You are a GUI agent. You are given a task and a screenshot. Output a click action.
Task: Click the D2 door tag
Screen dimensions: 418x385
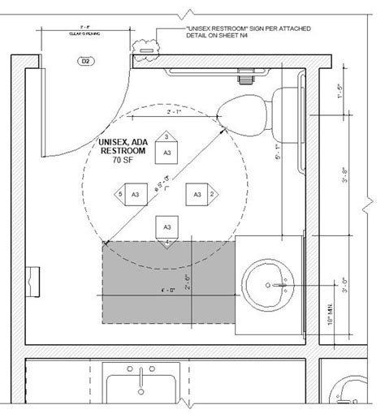[84, 61]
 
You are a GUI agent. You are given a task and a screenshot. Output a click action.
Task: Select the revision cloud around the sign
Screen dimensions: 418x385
[146, 47]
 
